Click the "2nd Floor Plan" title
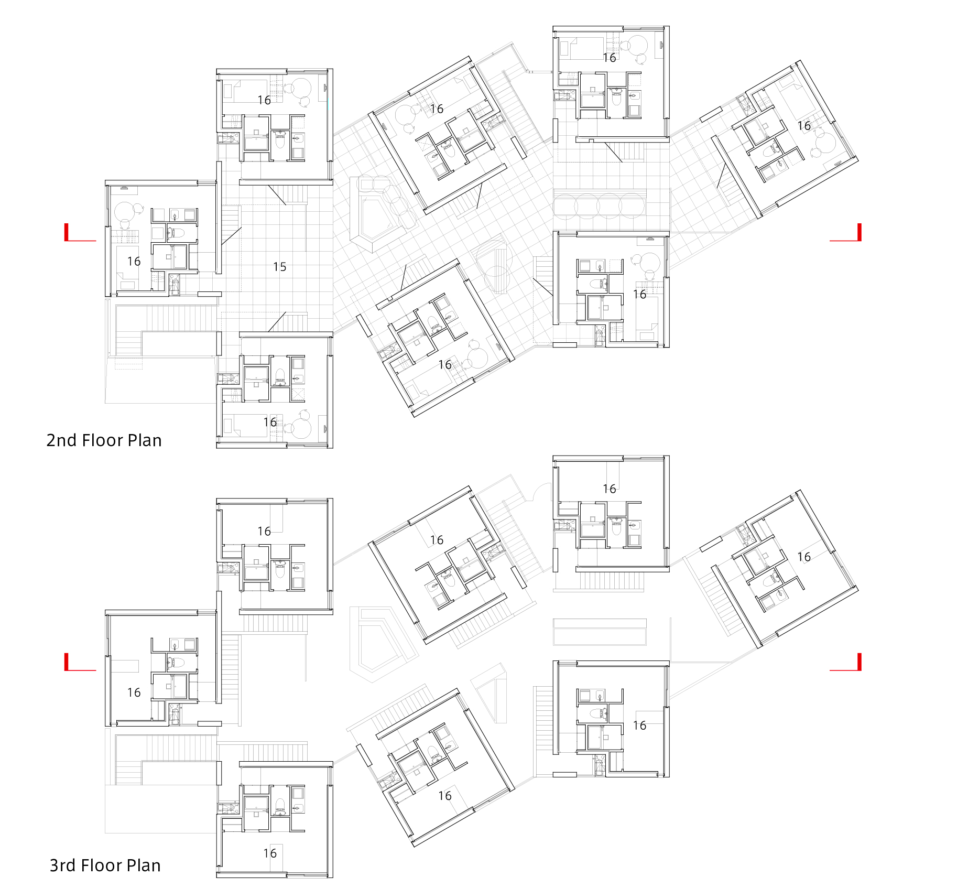point(104,440)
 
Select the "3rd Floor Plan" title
point(105,865)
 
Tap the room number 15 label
point(279,267)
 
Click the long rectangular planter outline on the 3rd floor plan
point(600,632)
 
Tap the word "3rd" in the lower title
point(63,865)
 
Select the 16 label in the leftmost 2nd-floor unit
point(134,261)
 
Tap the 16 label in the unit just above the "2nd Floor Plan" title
point(269,422)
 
